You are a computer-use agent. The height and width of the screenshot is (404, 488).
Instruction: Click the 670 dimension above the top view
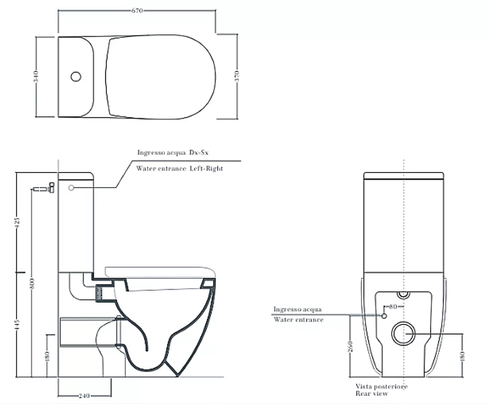point(137,11)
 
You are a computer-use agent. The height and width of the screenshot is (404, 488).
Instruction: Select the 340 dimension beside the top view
point(36,77)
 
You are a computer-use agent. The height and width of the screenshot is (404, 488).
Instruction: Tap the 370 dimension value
point(237,76)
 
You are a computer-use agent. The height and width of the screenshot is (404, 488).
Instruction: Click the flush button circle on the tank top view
point(76,77)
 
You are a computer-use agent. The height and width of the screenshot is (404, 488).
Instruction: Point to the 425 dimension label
point(18,222)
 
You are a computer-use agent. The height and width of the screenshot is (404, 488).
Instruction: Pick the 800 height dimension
point(32,283)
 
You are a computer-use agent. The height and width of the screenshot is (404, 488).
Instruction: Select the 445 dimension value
point(18,325)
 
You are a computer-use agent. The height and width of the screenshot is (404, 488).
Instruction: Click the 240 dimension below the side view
point(84,396)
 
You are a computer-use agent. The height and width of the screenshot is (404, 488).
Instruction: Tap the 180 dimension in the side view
point(47,356)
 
